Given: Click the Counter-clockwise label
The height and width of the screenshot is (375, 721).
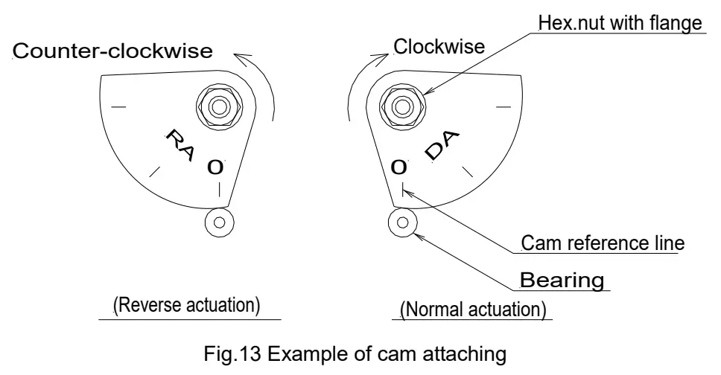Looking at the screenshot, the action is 112,51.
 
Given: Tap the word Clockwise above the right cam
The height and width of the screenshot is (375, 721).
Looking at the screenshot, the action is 439,46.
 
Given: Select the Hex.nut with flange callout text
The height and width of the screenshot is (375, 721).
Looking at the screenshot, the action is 620,22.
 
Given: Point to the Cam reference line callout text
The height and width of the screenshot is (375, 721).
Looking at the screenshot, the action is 603,243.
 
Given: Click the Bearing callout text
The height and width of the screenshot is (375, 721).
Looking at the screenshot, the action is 562,280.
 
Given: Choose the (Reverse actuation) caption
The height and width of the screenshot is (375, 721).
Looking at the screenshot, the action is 187,305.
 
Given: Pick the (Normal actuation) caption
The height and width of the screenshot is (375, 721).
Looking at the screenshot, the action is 473,310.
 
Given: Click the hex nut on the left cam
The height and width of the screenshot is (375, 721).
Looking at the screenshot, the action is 219,106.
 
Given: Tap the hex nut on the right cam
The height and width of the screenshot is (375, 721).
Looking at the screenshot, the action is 403,106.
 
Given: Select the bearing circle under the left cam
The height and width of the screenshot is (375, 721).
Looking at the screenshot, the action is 219,222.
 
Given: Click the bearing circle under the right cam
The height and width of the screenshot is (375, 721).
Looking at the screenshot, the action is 403,222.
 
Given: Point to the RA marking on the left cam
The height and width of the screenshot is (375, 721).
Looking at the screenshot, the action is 180,145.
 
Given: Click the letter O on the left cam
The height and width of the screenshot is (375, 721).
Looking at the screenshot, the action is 215,167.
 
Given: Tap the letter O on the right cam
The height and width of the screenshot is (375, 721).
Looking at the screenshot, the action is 398,167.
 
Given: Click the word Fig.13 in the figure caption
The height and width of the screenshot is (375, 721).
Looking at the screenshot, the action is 232,354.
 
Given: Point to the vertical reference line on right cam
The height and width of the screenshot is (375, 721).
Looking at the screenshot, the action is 402,190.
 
